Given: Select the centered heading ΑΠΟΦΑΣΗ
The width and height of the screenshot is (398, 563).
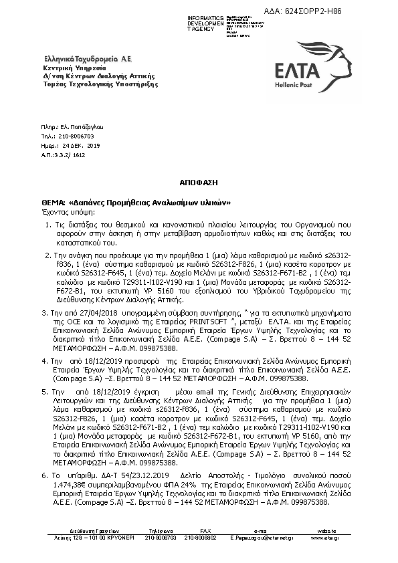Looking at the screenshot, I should point(199,181).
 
